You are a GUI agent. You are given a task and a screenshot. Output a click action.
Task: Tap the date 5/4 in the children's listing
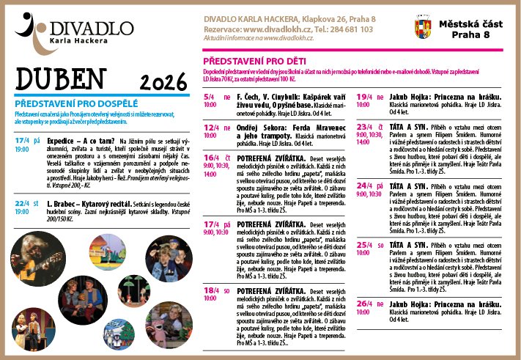[x=209, y=96]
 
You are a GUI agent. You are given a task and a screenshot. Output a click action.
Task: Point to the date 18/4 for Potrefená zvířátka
[x=210, y=291]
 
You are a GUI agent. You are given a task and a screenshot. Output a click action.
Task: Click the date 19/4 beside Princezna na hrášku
[x=363, y=96]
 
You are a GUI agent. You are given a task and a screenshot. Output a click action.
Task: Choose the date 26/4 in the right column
[x=363, y=303]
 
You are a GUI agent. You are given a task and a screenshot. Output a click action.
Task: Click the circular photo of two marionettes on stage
[x=30, y=329]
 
